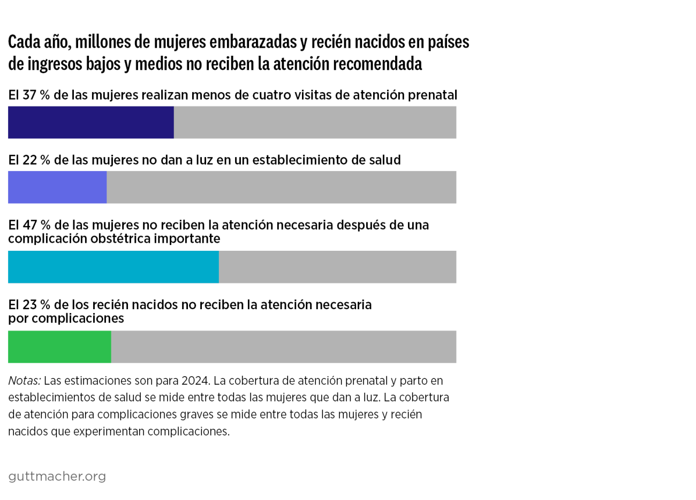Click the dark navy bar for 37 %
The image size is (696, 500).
tap(90, 122)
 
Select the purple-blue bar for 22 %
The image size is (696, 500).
tap(57, 187)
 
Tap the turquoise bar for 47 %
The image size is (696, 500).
tap(113, 267)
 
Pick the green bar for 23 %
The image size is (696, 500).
tap(59, 347)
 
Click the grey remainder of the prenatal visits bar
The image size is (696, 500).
tap(315, 122)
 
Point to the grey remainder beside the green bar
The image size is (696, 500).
tap(284, 347)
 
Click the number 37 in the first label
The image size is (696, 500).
tap(29, 95)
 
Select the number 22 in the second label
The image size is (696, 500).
tap(29, 160)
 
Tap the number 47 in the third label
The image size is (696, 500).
tap(30, 225)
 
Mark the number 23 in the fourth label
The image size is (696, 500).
tap(30, 305)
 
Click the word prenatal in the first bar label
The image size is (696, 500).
tap(432, 95)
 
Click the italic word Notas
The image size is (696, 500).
tap(24, 380)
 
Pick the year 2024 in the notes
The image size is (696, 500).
tap(195, 380)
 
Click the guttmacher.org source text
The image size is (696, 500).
tap(57, 476)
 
